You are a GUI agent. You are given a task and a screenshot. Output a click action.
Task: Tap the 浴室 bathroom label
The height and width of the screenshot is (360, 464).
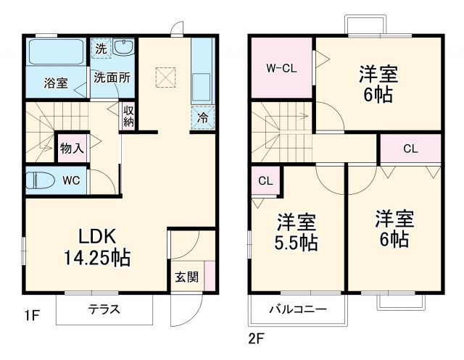click(x=56, y=83)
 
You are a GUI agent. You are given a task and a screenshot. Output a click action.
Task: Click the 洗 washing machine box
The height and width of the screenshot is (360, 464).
click(x=101, y=49)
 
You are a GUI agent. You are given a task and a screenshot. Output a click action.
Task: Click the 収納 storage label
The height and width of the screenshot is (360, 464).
click(x=128, y=117)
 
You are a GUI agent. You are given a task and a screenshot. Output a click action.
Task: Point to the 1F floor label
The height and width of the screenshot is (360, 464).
click(x=30, y=315)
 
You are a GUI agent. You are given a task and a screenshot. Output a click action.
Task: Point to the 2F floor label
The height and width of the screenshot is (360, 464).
click(x=257, y=338)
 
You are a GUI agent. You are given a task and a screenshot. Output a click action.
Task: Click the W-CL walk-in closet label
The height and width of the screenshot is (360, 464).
click(x=281, y=69)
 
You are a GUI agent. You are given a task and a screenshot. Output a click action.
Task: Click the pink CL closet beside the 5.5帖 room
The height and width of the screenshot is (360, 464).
click(x=265, y=181)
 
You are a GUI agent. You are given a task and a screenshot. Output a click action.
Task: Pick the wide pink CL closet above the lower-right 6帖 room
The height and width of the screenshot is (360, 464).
click(x=410, y=150)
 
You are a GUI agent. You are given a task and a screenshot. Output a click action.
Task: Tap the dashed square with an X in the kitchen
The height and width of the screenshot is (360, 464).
click(x=166, y=76)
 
